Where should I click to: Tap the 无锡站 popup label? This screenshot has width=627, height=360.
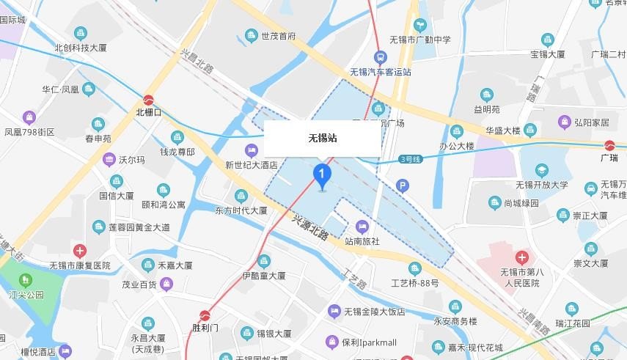coord(322,138)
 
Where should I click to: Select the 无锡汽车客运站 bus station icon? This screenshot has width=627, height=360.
coord(380,57)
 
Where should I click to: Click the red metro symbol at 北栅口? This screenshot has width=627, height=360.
coord(148,100)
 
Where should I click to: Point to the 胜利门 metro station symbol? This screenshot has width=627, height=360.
coord(205,316)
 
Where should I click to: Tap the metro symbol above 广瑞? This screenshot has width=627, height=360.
coord(609,145)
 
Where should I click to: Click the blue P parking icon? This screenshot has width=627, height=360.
coord(401,186)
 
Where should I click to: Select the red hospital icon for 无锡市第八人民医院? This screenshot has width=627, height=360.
coord(521,257)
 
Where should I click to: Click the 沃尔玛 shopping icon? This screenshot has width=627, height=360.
coord(109,159)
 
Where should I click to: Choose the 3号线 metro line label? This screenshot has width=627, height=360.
coord(411,159)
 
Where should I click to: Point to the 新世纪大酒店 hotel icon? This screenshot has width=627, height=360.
coord(252,151)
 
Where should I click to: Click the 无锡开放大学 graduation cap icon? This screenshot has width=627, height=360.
coord(542,170)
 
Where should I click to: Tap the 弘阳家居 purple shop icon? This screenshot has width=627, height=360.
coord(564,122)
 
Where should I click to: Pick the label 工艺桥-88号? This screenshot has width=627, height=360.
coord(414,283)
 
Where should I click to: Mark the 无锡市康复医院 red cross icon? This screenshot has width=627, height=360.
coord(79,251)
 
